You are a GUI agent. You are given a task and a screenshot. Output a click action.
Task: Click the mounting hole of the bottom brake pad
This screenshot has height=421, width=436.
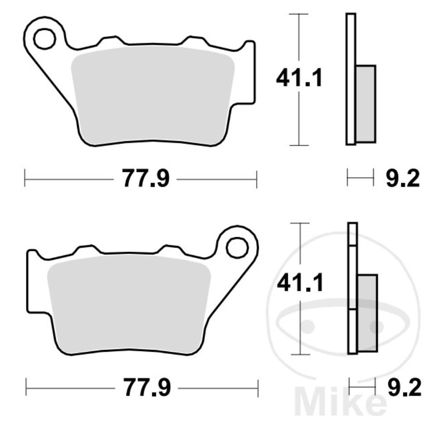point(237,247)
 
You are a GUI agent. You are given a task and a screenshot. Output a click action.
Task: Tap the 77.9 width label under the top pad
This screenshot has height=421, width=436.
point(145,179)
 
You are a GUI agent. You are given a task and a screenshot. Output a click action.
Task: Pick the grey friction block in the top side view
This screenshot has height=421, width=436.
point(366,104)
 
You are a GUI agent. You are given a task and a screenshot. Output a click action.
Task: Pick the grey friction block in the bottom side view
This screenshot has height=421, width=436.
point(367,313)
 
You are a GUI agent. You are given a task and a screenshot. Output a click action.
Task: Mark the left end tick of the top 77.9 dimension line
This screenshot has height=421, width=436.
point(24,179)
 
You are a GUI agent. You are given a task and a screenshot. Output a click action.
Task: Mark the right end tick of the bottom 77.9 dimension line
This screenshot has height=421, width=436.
point(257,388)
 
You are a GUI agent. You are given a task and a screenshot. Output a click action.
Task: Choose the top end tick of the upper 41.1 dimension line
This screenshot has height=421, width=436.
point(299,14)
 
